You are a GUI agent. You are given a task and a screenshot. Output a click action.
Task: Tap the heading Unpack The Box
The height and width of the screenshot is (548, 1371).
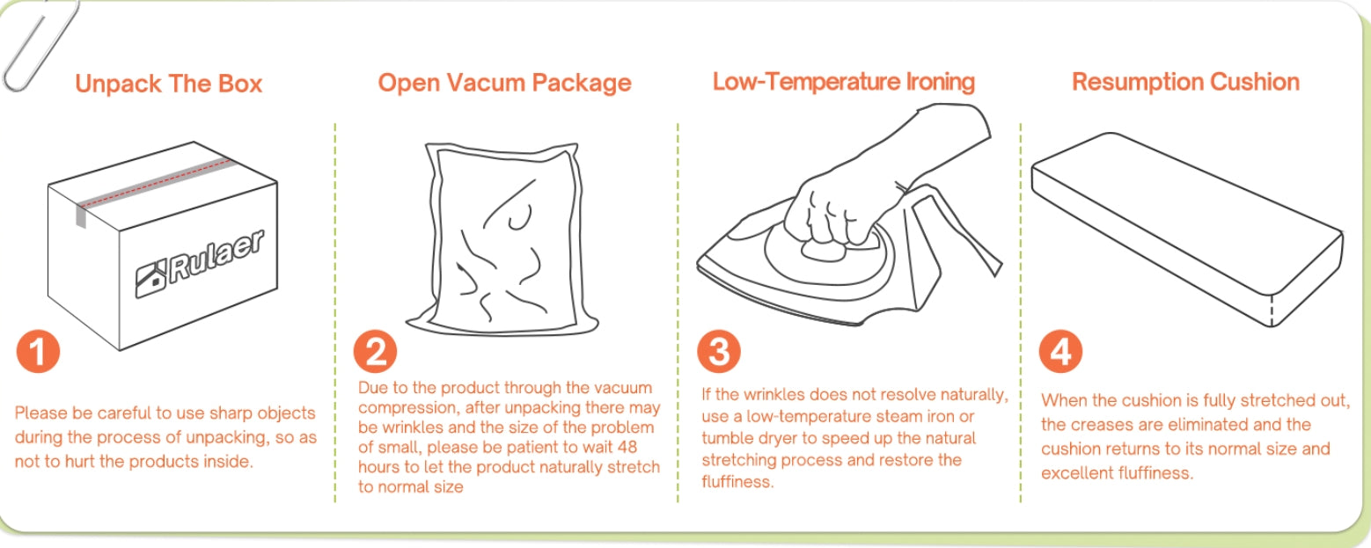[168, 84]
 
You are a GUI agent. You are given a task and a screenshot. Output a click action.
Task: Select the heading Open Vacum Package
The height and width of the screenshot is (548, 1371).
[504, 83]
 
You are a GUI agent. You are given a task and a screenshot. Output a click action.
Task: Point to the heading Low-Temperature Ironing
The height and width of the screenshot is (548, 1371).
[843, 81]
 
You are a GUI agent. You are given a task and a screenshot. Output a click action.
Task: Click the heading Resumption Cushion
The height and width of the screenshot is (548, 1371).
[1185, 82]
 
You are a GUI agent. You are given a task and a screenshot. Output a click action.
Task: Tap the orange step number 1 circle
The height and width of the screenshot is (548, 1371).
[38, 352]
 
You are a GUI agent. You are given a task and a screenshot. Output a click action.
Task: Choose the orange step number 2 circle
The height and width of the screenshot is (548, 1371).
[375, 352]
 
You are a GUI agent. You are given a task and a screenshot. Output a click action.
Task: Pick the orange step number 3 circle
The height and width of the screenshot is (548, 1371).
[719, 352]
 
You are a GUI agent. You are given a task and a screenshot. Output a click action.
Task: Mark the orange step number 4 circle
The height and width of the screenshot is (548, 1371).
[1060, 352]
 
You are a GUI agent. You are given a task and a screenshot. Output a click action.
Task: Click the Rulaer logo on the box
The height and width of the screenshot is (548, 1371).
[200, 264]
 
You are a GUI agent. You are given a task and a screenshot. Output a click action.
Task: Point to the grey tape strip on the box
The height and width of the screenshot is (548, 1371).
[153, 187]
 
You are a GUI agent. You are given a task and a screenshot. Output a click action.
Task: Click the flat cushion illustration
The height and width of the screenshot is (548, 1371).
[1187, 230]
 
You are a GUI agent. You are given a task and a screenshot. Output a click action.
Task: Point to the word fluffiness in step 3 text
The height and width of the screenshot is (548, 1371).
[737, 482]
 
